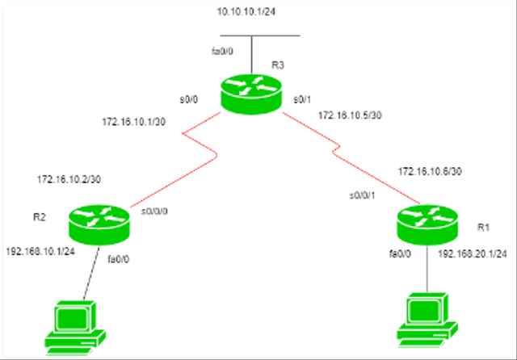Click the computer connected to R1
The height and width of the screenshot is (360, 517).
tap(427, 321)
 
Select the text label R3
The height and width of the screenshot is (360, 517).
tap(277, 64)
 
